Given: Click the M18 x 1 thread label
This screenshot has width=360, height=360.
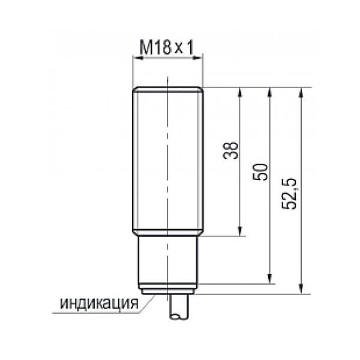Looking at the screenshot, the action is click(x=166, y=47).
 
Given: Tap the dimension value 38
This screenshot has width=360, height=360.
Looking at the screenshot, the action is click(x=230, y=151).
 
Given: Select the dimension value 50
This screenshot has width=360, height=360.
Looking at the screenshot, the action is click(x=260, y=172).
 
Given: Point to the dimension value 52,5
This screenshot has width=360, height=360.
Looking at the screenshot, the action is click(x=289, y=194).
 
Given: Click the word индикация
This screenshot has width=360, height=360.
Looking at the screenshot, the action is click(x=99, y=303).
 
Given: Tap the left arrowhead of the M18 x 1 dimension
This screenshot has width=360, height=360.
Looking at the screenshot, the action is click(x=138, y=58).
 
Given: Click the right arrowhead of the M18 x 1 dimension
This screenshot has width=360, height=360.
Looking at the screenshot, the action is click(x=198, y=58).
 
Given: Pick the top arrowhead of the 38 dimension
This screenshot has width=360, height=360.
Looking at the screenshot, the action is click(x=240, y=92).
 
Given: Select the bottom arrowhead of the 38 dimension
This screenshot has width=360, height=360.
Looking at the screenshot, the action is click(x=240, y=231).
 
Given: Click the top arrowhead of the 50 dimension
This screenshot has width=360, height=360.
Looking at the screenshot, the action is click(x=270, y=92).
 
